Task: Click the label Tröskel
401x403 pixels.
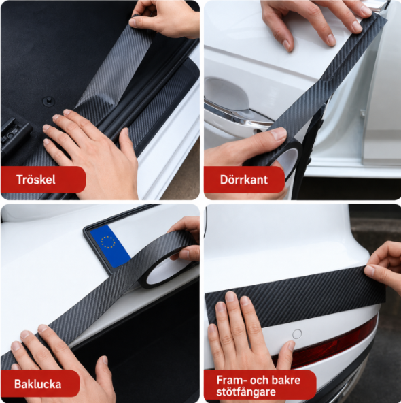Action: pyautogui.click(x=35, y=180)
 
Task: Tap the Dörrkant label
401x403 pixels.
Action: pyautogui.click(x=244, y=180)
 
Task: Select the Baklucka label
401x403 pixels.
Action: pyautogui.click(x=37, y=384)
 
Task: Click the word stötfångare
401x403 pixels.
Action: pyautogui.click(x=246, y=392)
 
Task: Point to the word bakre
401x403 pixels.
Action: pyautogui.click(x=286, y=380)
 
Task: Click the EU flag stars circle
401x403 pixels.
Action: pyautogui.click(x=108, y=242)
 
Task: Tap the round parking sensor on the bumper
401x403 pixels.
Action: pyautogui.click(x=297, y=334)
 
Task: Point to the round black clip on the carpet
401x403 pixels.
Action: pyautogui.click(x=48, y=101)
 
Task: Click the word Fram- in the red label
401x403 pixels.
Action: pyautogui.click(x=231, y=380)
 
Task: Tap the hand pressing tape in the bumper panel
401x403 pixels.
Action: pyautogui.click(x=245, y=334)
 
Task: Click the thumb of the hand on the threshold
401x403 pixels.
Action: pyautogui.click(x=127, y=144)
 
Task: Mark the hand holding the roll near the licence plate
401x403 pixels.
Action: pyautogui.click(x=186, y=239)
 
